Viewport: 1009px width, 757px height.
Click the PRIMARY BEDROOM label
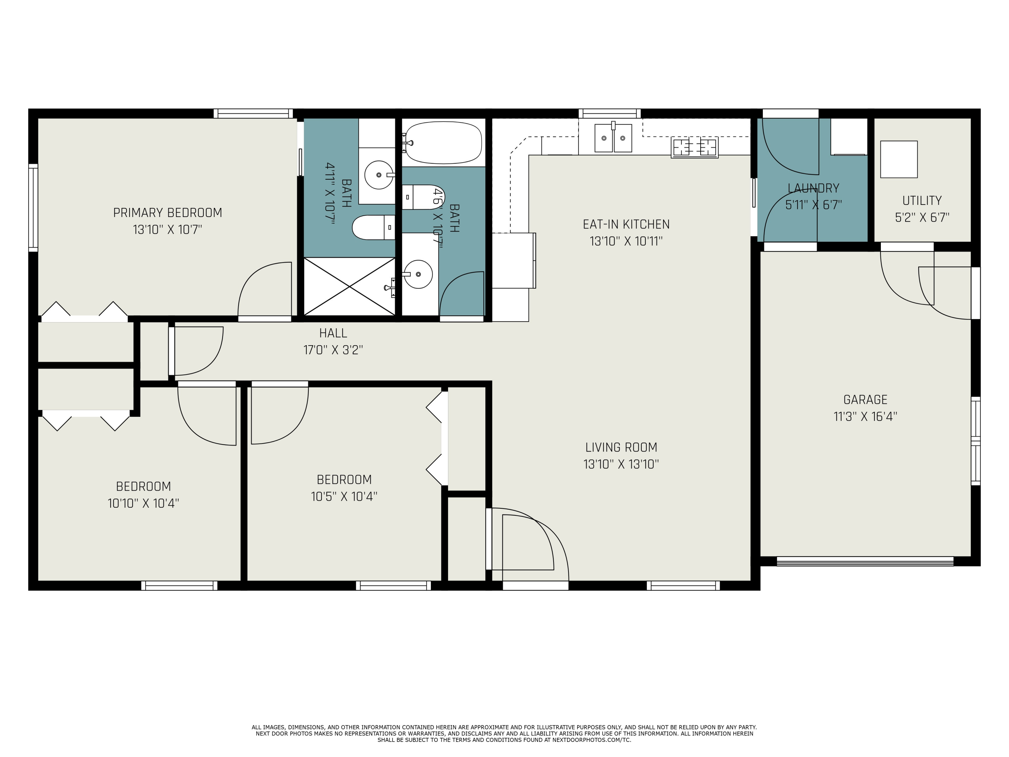pyautogui.click(x=167, y=213)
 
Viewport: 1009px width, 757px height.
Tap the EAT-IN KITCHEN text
pyautogui.click(x=626, y=224)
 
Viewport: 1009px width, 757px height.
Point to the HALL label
pyautogui.click(x=333, y=333)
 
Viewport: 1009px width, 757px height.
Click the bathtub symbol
pyautogui.click(x=443, y=142)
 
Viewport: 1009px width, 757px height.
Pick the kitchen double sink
pyautogui.click(x=613, y=138)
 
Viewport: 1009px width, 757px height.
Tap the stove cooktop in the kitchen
pyautogui.click(x=694, y=147)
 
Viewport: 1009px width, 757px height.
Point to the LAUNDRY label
pyautogui.click(x=813, y=188)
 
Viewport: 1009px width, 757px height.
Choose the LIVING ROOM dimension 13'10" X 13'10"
pyautogui.click(x=621, y=464)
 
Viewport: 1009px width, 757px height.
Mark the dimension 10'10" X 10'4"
pyautogui.click(x=143, y=503)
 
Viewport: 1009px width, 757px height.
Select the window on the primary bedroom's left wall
pyautogui.click(x=33, y=208)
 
